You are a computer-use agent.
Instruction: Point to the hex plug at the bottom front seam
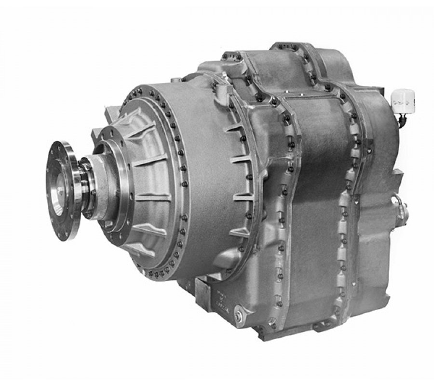click(x=273, y=322)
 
